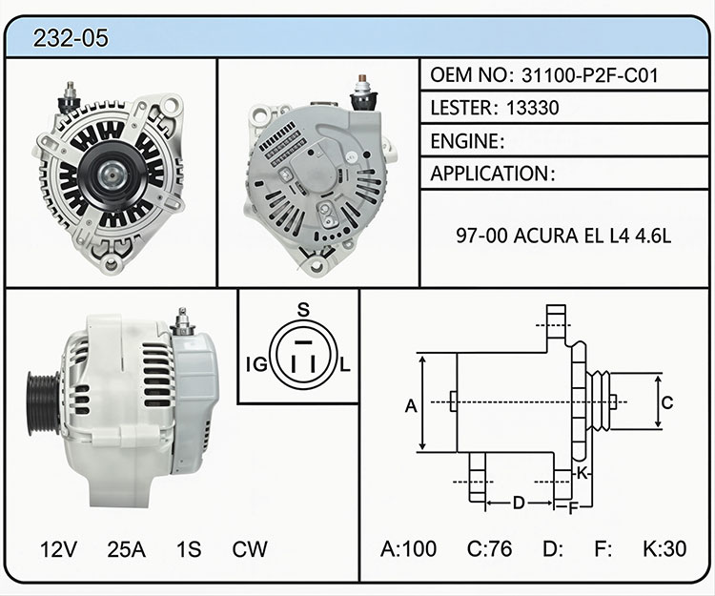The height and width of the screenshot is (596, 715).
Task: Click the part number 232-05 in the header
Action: (x=71, y=37)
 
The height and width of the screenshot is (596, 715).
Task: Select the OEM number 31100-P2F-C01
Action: (x=590, y=75)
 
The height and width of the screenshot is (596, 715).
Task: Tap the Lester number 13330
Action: (x=533, y=108)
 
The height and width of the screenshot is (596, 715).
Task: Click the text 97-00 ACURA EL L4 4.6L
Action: (x=563, y=236)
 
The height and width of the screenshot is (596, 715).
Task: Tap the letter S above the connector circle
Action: (x=303, y=310)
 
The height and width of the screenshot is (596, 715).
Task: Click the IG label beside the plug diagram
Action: (x=256, y=365)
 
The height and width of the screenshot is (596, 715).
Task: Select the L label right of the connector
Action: (x=345, y=365)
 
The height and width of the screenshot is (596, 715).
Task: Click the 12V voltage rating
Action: (x=58, y=549)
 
